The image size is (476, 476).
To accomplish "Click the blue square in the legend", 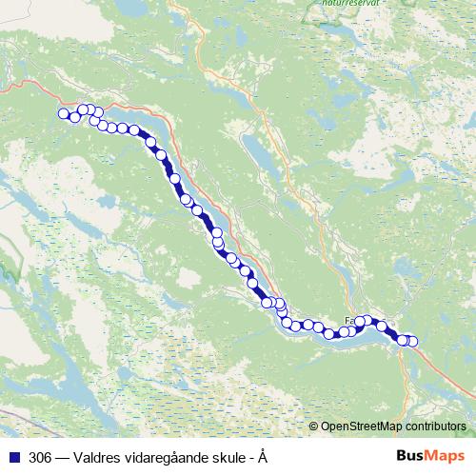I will coord(16,457).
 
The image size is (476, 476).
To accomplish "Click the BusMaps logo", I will coord(428,456).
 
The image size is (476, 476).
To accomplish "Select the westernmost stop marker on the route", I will coord(65,114).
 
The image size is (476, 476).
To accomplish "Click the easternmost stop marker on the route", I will coord(412,341).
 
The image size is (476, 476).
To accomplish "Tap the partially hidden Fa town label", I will coord(350,322).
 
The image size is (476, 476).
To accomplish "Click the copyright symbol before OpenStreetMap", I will coord(314,426).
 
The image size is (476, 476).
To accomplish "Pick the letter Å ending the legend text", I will coord(262,457).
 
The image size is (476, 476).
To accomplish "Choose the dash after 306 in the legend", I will coord(63,457).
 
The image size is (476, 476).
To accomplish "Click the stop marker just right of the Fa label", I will coord(365,322).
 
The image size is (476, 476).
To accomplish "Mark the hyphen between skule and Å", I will coord(251,458).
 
